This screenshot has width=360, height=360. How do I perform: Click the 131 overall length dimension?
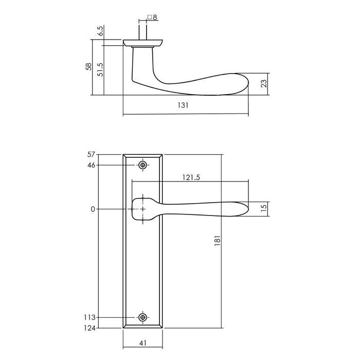click(184, 105)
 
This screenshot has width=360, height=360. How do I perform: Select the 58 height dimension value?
click(88, 66)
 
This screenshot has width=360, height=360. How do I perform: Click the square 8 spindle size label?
click(152, 17)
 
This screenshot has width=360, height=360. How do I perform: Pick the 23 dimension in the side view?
click(263, 84)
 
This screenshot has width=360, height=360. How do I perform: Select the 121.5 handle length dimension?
click(191, 177)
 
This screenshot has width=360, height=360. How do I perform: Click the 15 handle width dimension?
click(263, 209)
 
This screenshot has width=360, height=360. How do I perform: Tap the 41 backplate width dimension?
click(143, 341)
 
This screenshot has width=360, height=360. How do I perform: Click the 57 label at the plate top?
click(92, 154)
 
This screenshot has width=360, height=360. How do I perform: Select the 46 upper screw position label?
click(92, 165)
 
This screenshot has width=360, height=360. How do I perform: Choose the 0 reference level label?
click(93, 209)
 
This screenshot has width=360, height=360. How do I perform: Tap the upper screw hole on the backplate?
click(143, 165)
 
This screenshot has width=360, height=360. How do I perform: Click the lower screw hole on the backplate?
click(143, 317)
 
